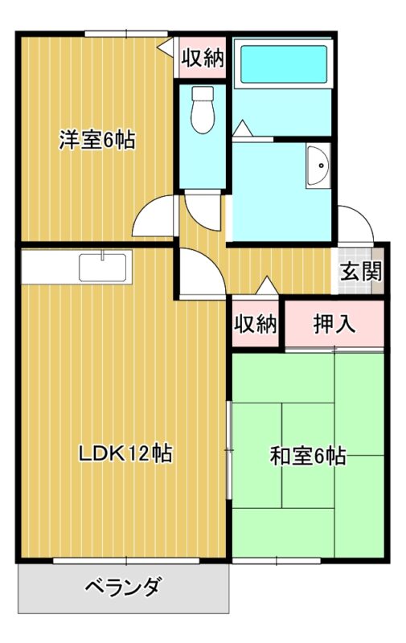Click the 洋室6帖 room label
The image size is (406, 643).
pyautogui.click(x=97, y=141)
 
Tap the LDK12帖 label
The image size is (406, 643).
pyautogui.click(x=125, y=453)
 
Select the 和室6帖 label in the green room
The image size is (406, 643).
pyautogui.click(x=308, y=455)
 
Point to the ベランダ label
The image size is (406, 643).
pyautogui.click(x=123, y=588)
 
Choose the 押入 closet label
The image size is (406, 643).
pyautogui.click(x=334, y=324)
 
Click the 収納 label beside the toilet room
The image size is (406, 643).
pyautogui.click(x=203, y=57)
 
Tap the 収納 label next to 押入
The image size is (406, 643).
pyautogui.click(x=256, y=324)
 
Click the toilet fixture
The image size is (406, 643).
pyautogui.click(x=203, y=110)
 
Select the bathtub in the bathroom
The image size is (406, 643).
pyautogui.click(x=284, y=64)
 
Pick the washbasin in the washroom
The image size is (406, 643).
pyautogui.click(x=318, y=166)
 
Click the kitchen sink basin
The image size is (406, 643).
pyautogui.click(x=103, y=268)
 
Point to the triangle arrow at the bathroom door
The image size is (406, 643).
pyautogui.click(x=242, y=128)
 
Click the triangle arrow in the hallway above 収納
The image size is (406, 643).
pyautogui.click(x=268, y=285)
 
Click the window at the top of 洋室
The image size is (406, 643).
pyautogui.click(x=126, y=34)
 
